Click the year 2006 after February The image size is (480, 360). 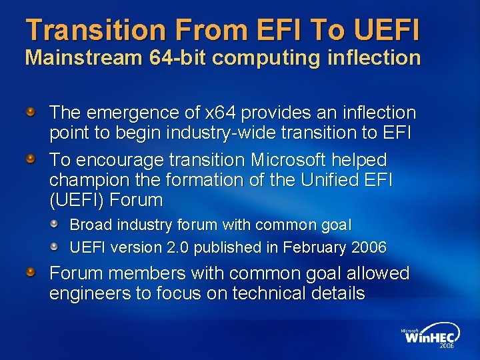369,247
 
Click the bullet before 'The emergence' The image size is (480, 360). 31,111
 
